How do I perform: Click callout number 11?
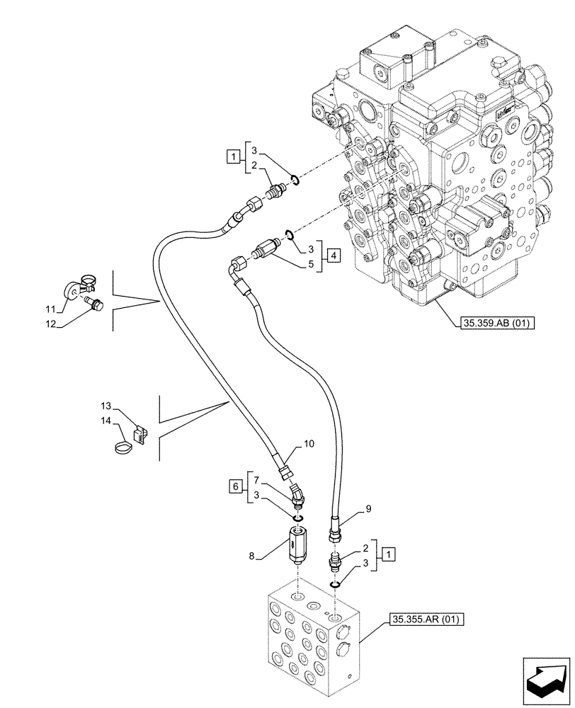(x=50, y=309)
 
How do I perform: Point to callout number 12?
(x=50, y=324)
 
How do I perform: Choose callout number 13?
(x=106, y=406)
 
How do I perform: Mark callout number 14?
(x=106, y=421)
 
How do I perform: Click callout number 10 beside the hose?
(x=309, y=444)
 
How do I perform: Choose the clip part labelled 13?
(x=140, y=434)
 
